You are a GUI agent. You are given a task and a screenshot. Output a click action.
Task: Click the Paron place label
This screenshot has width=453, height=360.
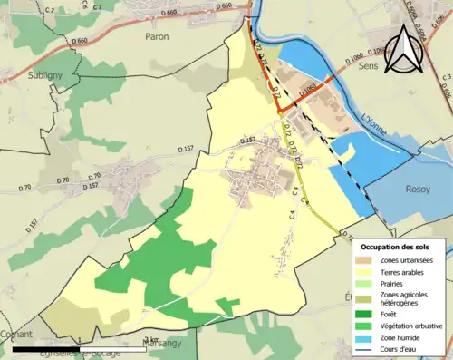pos(157,37)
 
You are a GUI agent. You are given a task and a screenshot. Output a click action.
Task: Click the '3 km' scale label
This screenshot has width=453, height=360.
pos(140,340)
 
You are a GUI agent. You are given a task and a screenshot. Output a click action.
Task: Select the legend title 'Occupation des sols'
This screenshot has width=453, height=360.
pos(400,247)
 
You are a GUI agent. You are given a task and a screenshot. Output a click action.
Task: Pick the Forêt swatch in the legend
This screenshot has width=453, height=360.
pos(367,316)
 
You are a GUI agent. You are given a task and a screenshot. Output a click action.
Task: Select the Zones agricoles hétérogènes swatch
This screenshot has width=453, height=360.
pos(367,298)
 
